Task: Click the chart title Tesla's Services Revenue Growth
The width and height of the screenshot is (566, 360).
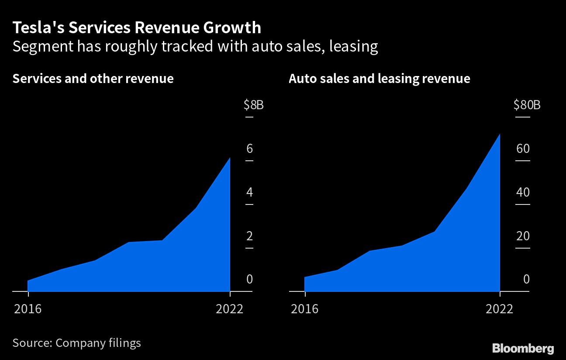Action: pos(137,28)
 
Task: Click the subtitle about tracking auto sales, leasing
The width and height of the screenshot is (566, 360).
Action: pos(195,46)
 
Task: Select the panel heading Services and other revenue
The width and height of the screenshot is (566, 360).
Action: pos(93,79)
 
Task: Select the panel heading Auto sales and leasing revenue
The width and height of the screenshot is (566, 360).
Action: pos(379,79)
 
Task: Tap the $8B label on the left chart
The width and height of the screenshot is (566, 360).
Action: pos(253,105)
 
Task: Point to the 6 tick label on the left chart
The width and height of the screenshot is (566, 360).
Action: pos(250,149)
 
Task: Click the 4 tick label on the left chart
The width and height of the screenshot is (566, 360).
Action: pos(250,193)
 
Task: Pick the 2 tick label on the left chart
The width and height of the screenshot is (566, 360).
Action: pos(250,236)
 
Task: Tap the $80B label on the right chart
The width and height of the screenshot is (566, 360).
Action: pos(527,105)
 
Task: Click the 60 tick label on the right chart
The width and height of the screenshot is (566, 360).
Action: pos(523,149)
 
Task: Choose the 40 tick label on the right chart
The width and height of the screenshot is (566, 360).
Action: pos(523,193)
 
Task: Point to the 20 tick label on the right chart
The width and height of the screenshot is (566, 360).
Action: pos(523,236)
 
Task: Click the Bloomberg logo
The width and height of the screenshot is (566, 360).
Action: pos(523,348)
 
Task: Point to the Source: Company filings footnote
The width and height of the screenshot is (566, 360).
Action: pos(77,343)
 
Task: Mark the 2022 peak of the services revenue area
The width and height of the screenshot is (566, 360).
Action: pos(230,158)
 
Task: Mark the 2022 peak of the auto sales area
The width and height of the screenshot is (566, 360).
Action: pos(499,134)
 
